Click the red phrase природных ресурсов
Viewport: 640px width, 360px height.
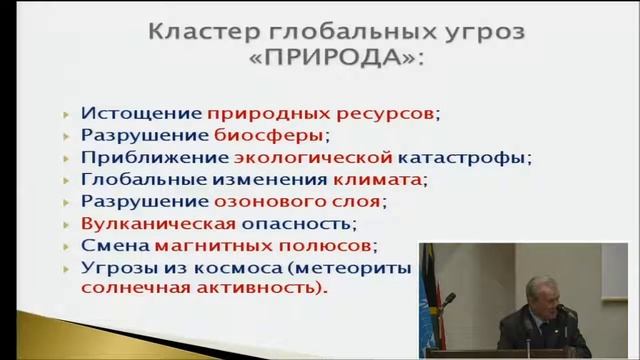tap(292, 114)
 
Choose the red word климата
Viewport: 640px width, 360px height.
tap(378, 180)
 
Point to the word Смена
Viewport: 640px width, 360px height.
tap(113, 246)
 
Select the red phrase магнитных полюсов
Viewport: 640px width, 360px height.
tap(262, 246)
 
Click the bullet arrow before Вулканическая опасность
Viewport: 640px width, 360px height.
tap(65, 225)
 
